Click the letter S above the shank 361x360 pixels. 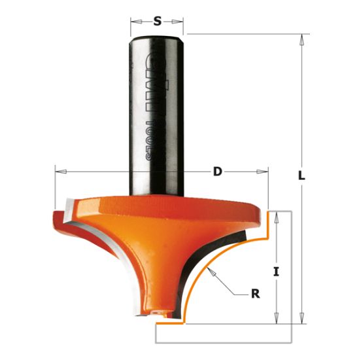(157, 22)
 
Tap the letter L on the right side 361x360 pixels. (302, 175)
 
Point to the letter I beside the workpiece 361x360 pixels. (277, 270)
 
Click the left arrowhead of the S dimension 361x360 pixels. (134, 22)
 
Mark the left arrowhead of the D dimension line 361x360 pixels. (59, 171)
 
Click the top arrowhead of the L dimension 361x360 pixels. (301, 39)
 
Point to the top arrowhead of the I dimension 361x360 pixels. (277, 217)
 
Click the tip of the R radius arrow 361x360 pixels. (206, 269)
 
